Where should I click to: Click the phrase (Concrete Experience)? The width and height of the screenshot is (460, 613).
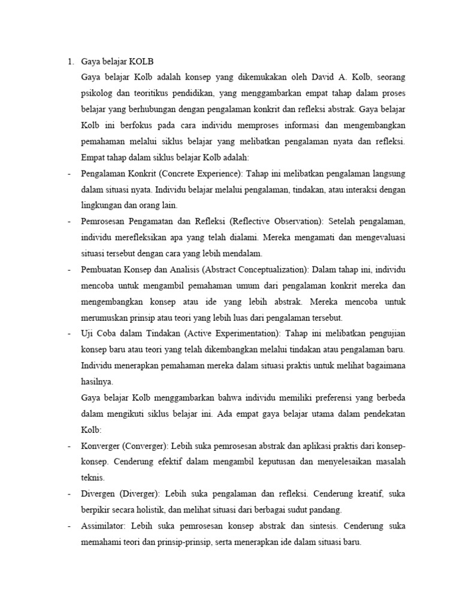pos(201,174)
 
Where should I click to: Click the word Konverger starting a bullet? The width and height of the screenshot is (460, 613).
pos(99,447)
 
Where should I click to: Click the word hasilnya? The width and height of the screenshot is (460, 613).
pos(96,381)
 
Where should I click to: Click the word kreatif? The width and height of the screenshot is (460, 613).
pos(367,494)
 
